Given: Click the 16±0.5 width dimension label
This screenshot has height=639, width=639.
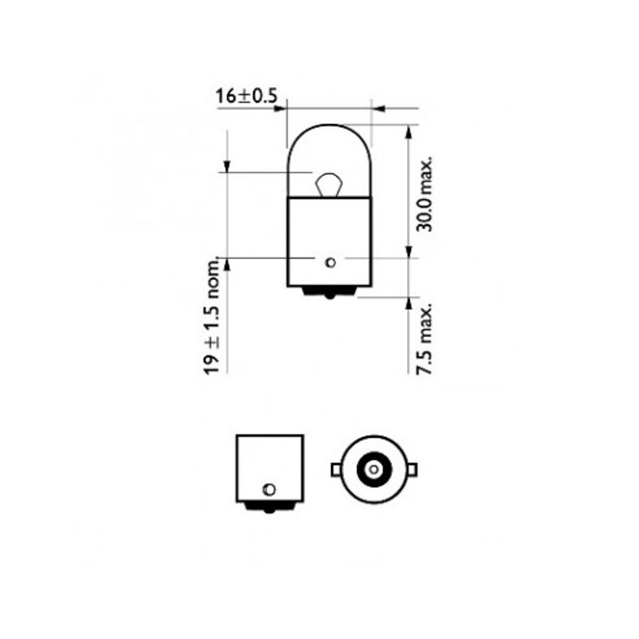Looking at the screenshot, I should click(x=245, y=97).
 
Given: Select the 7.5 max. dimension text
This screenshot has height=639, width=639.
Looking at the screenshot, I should click(x=425, y=337).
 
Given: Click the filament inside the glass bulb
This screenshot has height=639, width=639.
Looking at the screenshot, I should click(x=328, y=185).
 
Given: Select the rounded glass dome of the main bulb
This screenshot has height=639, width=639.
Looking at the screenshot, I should click(x=328, y=148).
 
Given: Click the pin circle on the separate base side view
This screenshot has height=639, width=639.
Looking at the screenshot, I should click(x=269, y=489).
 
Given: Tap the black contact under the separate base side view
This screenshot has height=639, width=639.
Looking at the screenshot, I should click(x=269, y=506).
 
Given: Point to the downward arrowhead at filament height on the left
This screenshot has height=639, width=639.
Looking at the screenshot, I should click(x=228, y=165).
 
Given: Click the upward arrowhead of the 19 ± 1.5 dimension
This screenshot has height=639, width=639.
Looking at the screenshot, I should click(x=228, y=264).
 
